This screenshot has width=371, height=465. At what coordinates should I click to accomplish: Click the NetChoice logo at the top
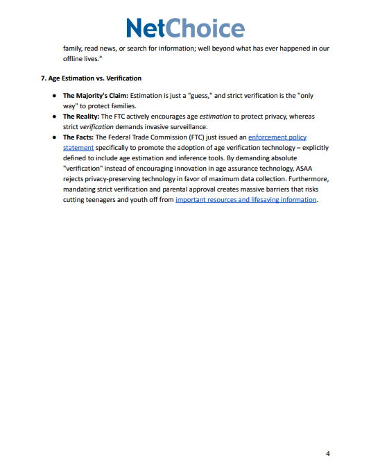(x=185, y=28)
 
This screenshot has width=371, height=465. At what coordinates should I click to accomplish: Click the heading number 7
(x=43, y=78)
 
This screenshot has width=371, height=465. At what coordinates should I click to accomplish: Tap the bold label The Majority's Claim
(x=95, y=95)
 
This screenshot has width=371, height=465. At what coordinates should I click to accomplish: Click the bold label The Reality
(x=81, y=117)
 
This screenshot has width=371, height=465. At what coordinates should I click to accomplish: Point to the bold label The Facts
(x=78, y=137)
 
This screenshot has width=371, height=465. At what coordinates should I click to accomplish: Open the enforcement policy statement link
(x=277, y=137)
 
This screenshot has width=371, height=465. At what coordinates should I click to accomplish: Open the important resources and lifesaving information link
(x=246, y=200)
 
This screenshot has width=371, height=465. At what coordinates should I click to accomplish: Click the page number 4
(x=327, y=453)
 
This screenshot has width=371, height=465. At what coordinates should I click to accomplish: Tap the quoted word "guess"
(x=199, y=95)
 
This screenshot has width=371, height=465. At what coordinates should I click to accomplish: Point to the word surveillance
(x=183, y=127)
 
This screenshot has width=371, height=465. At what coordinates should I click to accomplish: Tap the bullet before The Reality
(x=54, y=117)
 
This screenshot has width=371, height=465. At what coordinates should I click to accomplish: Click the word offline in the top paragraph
(x=75, y=60)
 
